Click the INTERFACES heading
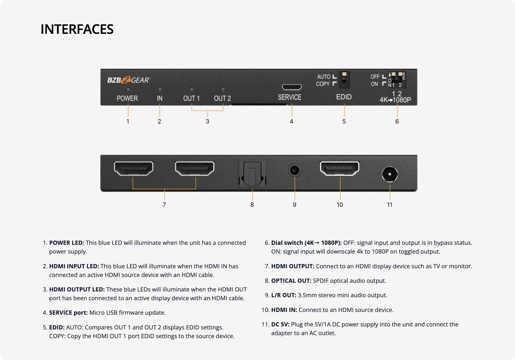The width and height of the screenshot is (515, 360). point(77,29)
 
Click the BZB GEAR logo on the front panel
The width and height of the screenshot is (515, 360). point(128,80)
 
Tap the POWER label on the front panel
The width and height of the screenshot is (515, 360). point(127,98)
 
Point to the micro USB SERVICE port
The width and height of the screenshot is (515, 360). point(292,87)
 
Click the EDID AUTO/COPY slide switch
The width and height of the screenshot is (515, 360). point(344,79)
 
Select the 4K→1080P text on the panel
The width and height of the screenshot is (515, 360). point(395,100)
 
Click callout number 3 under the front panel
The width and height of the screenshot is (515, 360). point(208,121)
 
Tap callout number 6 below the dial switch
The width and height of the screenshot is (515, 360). point(397,121)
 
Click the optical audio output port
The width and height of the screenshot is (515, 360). point(252,174)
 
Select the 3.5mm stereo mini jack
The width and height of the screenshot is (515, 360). point(295,171)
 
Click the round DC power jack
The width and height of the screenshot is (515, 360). point(390,174)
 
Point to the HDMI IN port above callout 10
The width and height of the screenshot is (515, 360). point(339,168)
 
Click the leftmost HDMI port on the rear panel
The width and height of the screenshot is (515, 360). point(134,168)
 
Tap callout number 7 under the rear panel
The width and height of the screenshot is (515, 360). point(164,205)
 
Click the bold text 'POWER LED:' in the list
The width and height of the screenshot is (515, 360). point(67,243)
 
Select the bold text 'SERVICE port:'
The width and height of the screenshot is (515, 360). point(68,313)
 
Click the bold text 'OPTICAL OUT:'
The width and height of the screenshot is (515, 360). point(291,281)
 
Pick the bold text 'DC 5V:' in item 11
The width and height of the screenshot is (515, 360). point(280,324)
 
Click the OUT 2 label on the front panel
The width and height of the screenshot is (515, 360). point(222,98)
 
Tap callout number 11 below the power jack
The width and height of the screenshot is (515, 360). point(390,205)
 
